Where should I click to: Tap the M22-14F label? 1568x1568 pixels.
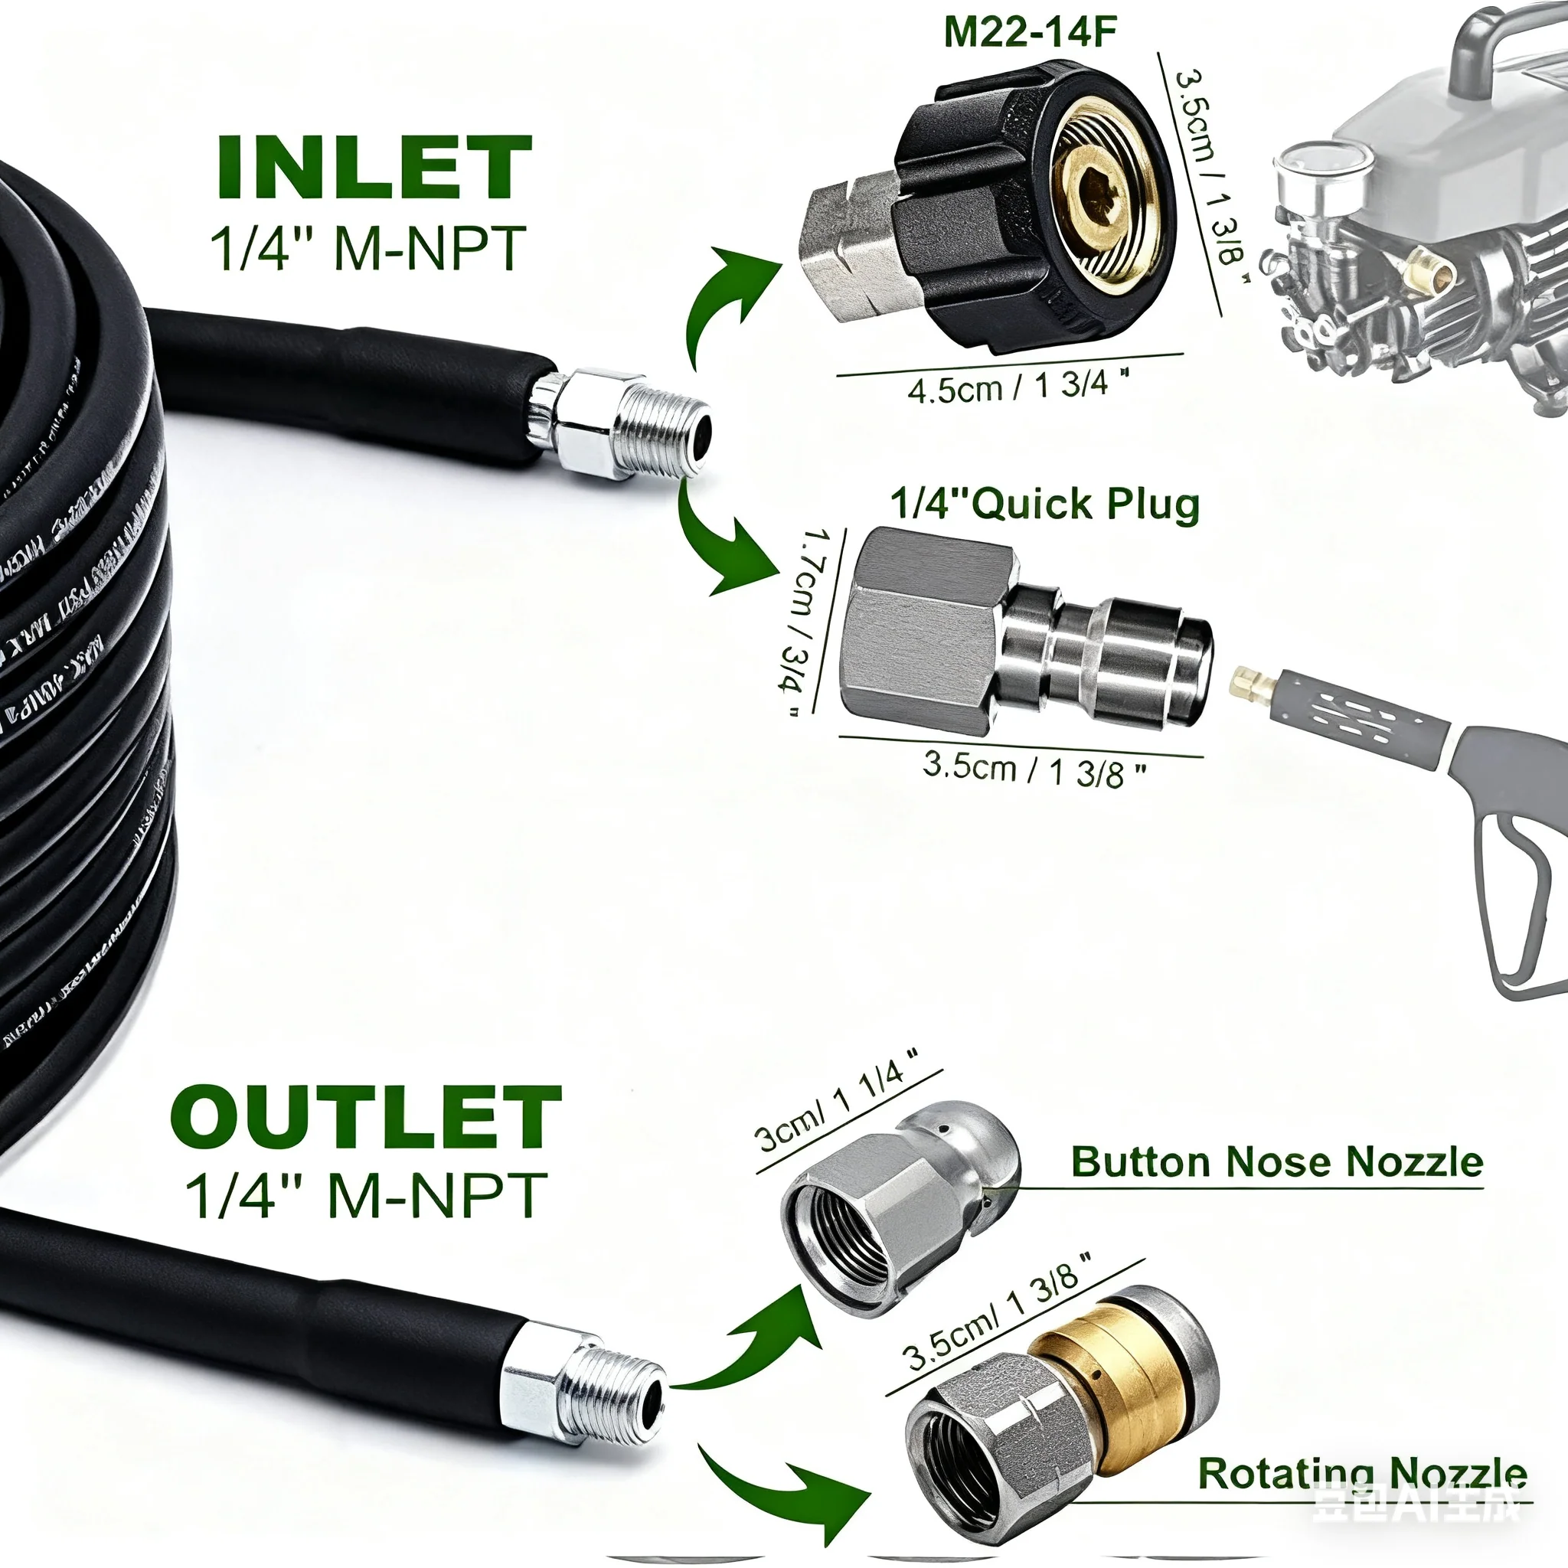click(1030, 32)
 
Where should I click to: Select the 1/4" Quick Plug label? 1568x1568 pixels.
click(1044, 504)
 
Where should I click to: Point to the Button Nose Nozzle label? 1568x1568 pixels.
click(1276, 1162)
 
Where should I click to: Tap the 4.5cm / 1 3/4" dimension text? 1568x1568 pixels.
click(1018, 386)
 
